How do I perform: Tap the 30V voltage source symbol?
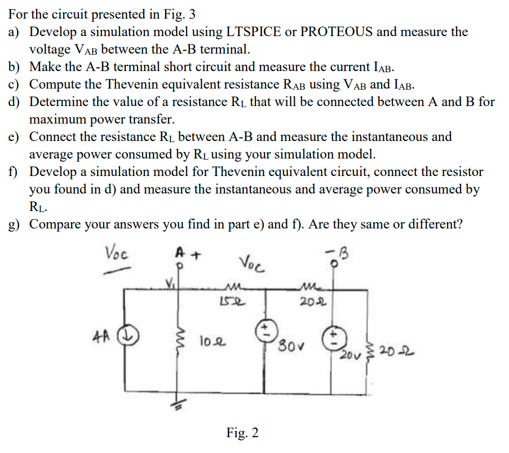[264, 329]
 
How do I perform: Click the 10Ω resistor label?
[209, 341]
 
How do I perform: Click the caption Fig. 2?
[242, 433]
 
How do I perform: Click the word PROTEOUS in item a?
[336, 32]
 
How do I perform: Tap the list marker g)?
[15, 225]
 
